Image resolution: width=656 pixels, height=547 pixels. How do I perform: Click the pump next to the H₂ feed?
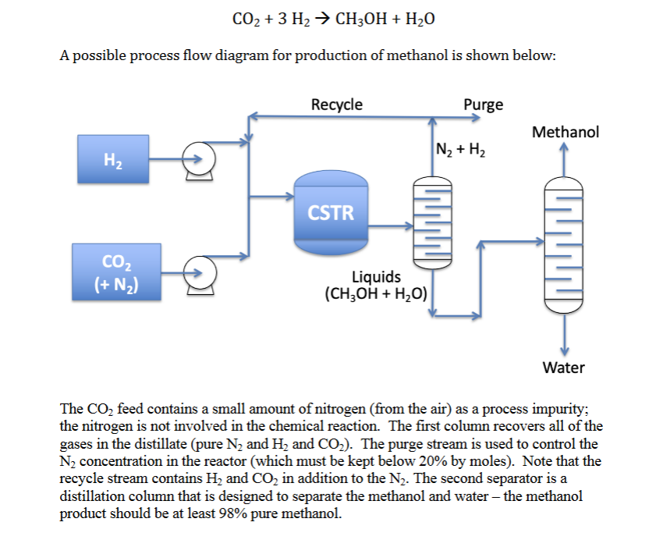pyautogui.click(x=198, y=160)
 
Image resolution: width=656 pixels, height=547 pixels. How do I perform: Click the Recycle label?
pyautogui.click(x=336, y=105)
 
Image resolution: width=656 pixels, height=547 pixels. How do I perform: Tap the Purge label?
pyautogui.click(x=483, y=105)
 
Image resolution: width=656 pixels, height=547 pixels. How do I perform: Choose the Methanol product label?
pyautogui.click(x=565, y=132)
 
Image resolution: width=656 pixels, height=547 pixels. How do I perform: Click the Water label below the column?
pyautogui.click(x=563, y=366)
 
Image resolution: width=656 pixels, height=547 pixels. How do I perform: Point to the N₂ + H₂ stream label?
pyautogui.click(x=461, y=149)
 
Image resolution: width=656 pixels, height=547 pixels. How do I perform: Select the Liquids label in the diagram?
pyautogui.click(x=377, y=277)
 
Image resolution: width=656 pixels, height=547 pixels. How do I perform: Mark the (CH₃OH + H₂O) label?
pyautogui.click(x=375, y=294)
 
